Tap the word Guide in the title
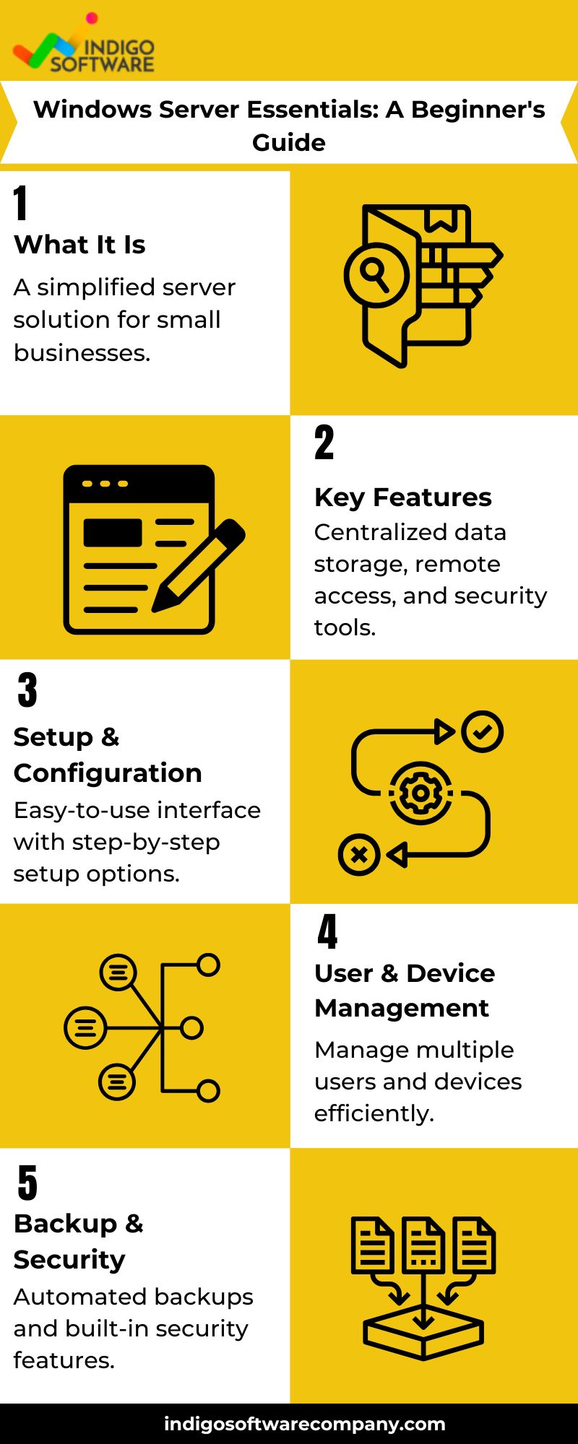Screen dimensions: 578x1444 (x=289, y=142)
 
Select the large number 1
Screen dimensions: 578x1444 (x=21, y=203)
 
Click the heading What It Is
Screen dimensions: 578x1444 (x=79, y=245)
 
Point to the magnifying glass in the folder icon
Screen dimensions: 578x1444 (x=376, y=275)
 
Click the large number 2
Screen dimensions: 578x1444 (x=324, y=443)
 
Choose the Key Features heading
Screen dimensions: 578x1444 (x=403, y=497)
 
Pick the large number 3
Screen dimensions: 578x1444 (x=27, y=690)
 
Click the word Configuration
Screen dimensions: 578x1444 (x=108, y=773)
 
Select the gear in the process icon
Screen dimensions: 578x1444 (x=420, y=793)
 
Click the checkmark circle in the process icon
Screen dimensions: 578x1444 (x=483, y=731)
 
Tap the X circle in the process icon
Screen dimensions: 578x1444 (x=359, y=855)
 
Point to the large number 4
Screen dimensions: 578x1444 (x=327, y=931)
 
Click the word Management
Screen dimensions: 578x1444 (x=402, y=1008)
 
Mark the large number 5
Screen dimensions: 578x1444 (x=27, y=1183)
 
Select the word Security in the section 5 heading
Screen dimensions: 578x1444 (x=69, y=1260)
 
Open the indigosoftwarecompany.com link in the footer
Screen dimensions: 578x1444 (x=304, y=1424)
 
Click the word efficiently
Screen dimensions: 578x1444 (x=374, y=1113)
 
